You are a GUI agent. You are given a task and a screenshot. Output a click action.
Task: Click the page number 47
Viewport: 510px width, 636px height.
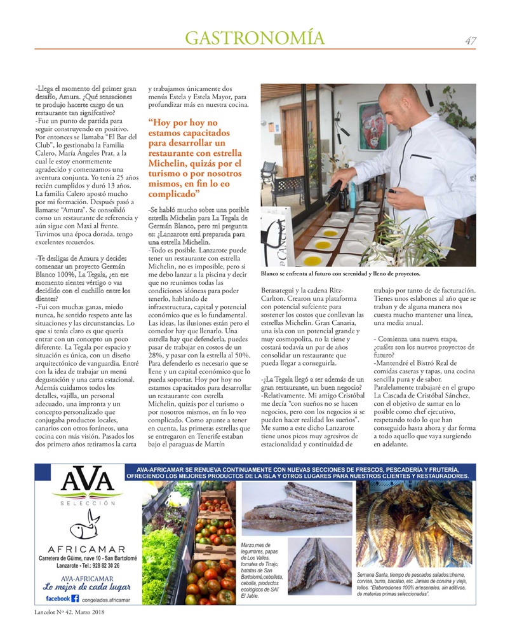point(471,41)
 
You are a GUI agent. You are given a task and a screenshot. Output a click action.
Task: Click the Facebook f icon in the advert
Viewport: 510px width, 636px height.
point(74,598)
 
